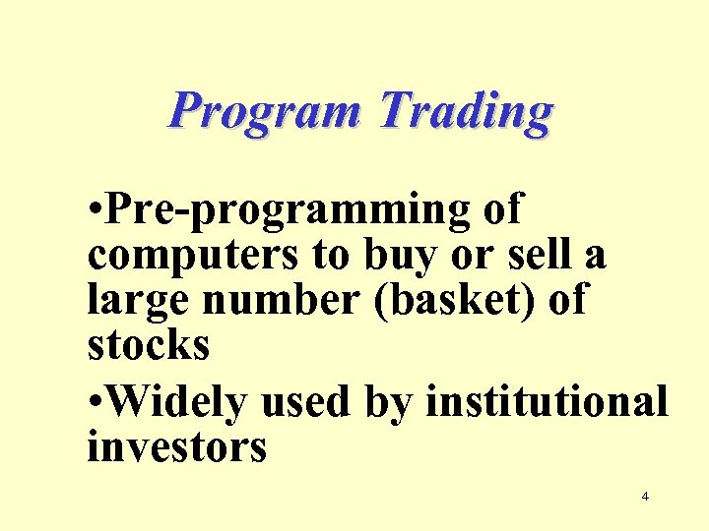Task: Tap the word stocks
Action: tap(148, 345)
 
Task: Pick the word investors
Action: tap(177, 447)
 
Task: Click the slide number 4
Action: tap(645, 497)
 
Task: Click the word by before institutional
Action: tap(392, 401)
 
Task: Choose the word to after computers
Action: tap(326, 256)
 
